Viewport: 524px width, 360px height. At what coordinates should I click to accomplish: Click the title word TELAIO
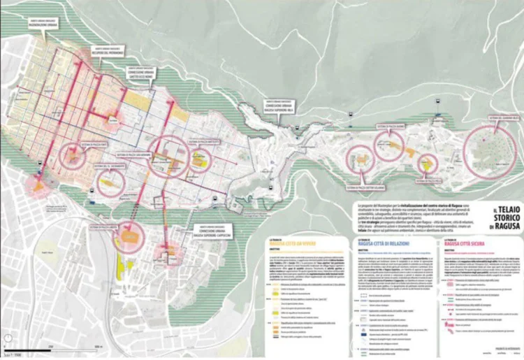point(496,209)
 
